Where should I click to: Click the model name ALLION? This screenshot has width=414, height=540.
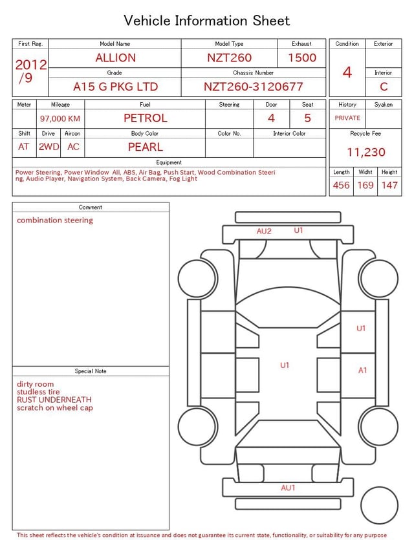[115, 58]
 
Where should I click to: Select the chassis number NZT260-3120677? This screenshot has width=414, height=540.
[253, 87]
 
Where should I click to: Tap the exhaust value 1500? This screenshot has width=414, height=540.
[302, 58]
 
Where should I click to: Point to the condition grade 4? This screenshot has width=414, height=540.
[347, 72]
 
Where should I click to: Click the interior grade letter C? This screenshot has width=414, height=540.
[384, 87]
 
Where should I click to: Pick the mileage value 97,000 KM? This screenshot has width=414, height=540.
[60, 119]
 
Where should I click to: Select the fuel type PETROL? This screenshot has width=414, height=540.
[145, 118]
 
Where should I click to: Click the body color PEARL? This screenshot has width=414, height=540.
[145, 147]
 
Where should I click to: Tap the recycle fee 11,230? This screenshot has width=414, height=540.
[365, 152]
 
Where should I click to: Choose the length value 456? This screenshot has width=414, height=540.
[341, 186]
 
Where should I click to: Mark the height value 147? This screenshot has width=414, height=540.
[389, 186]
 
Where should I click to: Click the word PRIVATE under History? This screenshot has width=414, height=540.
[347, 118]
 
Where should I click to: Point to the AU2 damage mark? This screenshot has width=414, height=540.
[264, 232]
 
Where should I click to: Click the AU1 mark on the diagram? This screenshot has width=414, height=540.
[288, 488]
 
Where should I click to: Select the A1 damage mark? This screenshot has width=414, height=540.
[362, 371]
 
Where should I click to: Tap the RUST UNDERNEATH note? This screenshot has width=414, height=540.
[54, 400]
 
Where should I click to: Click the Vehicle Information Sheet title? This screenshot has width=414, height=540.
[207, 21]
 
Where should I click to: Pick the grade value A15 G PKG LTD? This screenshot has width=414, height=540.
[115, 87]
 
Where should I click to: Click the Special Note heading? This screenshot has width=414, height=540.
[91, 371]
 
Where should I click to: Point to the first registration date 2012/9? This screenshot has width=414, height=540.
[30, 71]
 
